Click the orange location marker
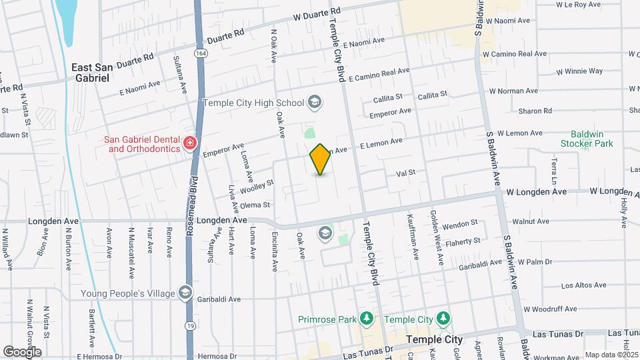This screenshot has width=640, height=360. pyautogui.click(x=320, y=159)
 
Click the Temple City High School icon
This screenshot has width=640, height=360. pyautogui.click(x=315, y=103)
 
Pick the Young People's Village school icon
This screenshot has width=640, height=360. pyautogui.click(x=185, y=293)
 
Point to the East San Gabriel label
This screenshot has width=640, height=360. pyautogui.click(x=91, y=72)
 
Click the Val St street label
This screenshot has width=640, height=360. pyautogui.click(x=405, y=172)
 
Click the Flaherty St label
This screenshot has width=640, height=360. pyautogui.click(x=464, y=241)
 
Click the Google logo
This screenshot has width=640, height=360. pyautogui.click(x=22, y=351)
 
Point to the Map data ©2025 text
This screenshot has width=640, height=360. pyautogui.click(x=611, y=355)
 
